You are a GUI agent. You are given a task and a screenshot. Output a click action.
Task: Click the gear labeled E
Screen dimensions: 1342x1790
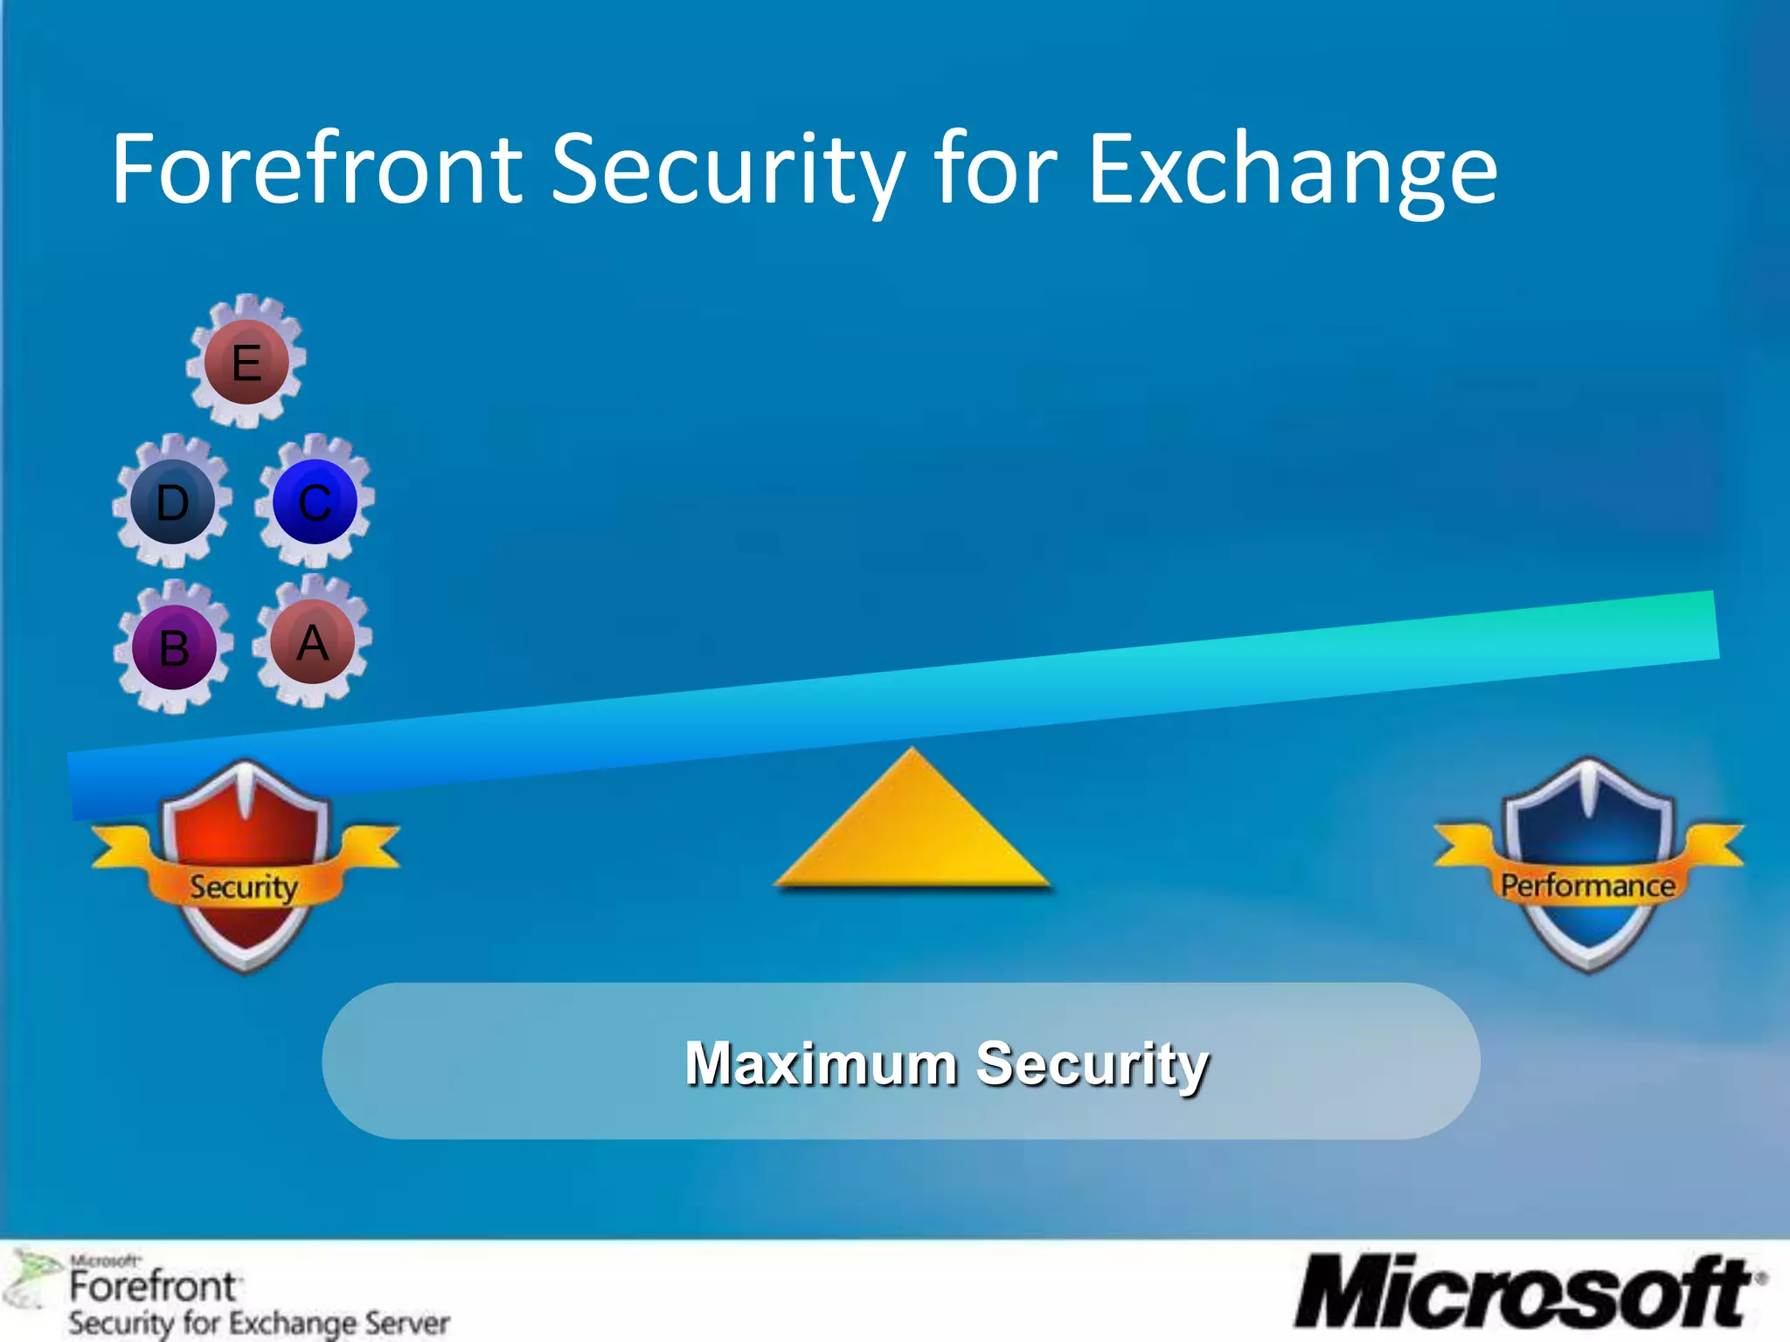246,362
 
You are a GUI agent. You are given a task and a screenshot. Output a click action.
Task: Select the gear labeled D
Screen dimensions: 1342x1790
173,502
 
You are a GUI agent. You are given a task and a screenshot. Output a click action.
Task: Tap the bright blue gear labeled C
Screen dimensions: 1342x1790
315,502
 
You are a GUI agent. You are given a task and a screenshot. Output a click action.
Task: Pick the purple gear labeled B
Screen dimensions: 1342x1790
174,647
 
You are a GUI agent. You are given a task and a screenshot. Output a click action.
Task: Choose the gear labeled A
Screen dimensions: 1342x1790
312,642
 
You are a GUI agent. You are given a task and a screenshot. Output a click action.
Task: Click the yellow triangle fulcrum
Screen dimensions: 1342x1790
912,830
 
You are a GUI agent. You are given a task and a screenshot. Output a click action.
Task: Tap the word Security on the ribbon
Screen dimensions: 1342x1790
244,887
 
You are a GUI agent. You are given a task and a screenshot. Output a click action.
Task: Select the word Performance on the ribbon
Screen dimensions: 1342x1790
1588,885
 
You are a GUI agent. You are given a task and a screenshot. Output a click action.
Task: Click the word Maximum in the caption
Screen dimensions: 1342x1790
821,1063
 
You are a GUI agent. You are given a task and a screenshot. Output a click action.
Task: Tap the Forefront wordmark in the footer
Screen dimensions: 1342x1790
153,1286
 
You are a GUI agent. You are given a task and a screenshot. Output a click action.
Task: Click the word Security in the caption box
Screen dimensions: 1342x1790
1093,1063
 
